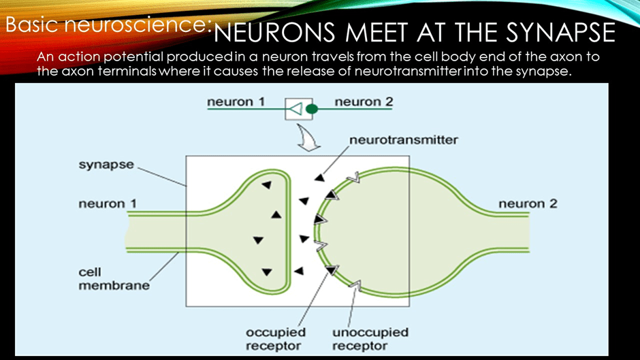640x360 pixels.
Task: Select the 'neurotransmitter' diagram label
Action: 404,140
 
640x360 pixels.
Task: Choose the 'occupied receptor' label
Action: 276,339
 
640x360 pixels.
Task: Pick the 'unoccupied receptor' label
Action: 370,339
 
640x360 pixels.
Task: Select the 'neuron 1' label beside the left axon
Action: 102,203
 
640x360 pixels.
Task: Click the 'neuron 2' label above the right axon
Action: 528,203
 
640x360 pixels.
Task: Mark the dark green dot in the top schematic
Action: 312,108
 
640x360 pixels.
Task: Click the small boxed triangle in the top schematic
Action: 296,108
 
